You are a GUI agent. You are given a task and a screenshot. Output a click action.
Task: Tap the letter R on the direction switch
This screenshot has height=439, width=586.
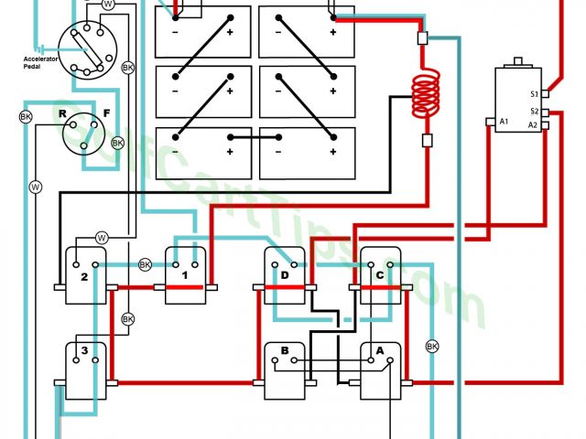(x=62, y=115)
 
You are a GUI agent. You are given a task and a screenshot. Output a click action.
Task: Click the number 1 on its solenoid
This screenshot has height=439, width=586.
(x=183, y=275)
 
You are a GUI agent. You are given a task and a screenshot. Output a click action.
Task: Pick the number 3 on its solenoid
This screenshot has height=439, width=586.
(x=83, y=350)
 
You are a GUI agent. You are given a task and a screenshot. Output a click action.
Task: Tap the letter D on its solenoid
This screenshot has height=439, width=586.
(x=285, y=275)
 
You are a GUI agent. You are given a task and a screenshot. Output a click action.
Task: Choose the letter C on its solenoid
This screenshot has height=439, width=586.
(x=379, y=275)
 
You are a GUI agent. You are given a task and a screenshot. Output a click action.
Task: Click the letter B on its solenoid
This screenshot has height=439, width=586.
(x=285, y=350)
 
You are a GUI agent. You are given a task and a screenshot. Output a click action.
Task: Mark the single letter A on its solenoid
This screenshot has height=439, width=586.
(x=379, y=350)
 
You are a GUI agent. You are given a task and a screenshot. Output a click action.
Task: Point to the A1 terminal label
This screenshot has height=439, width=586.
(x=504, y=122)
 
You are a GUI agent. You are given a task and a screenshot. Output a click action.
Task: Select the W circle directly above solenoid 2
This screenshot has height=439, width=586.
(x=102, y=237)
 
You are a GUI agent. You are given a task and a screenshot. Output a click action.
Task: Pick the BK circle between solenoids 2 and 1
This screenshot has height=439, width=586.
(x=145, y=265)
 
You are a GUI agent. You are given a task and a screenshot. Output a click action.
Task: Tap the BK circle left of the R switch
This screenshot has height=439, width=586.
(x=26, y=117)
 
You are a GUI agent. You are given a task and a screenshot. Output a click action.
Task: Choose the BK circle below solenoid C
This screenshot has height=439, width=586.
(x=432, y=347)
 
